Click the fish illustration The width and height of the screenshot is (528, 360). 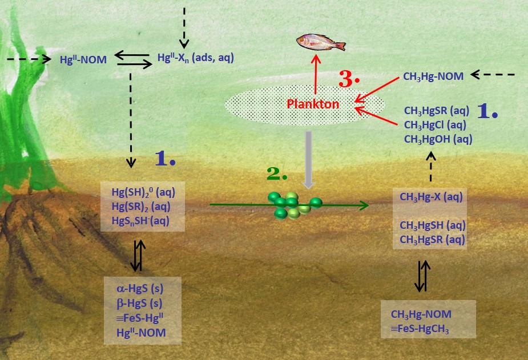point(321,42)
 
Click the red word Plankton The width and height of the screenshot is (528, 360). point(313,104)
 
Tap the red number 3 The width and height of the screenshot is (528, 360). point(349,80)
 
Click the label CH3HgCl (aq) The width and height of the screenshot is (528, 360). point(436,124)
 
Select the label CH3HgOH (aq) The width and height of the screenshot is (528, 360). point(438,138)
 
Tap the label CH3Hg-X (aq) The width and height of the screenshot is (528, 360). point(431,197)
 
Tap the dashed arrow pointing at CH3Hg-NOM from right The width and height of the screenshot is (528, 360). point(494,74)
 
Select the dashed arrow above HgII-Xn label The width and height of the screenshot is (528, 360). point(184,27)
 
